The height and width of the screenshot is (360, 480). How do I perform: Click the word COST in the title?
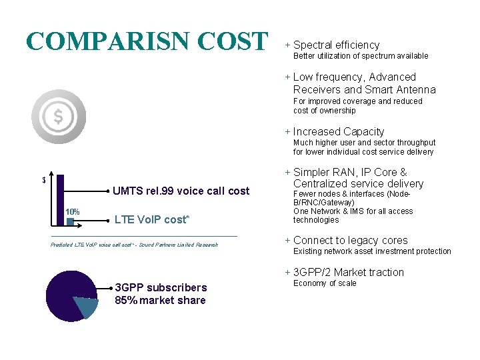click(233, 41)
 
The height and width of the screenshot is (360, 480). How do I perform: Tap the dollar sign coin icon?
click(59, 117)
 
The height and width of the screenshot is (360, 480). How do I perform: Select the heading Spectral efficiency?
click(336, 45)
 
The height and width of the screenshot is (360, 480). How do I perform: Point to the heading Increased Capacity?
click(339, 131)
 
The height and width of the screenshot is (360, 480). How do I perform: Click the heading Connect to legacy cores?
click(350, 240)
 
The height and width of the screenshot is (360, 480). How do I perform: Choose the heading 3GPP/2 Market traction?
click(348, 272)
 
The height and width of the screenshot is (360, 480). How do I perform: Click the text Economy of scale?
click(325, 283)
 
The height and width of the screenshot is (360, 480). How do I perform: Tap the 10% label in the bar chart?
click(72, 212)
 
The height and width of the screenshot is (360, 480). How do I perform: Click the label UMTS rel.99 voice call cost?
click(181, 191)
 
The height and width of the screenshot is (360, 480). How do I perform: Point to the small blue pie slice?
click(85, 307)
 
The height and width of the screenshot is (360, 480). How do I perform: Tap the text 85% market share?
click(160, 300)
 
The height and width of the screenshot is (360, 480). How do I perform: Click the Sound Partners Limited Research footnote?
click(134, 245)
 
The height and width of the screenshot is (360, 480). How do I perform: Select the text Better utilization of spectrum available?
click(361, 56)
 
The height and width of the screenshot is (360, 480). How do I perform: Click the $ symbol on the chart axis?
click(43, 180)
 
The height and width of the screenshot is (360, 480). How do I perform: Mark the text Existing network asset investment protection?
click(372, 251)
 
